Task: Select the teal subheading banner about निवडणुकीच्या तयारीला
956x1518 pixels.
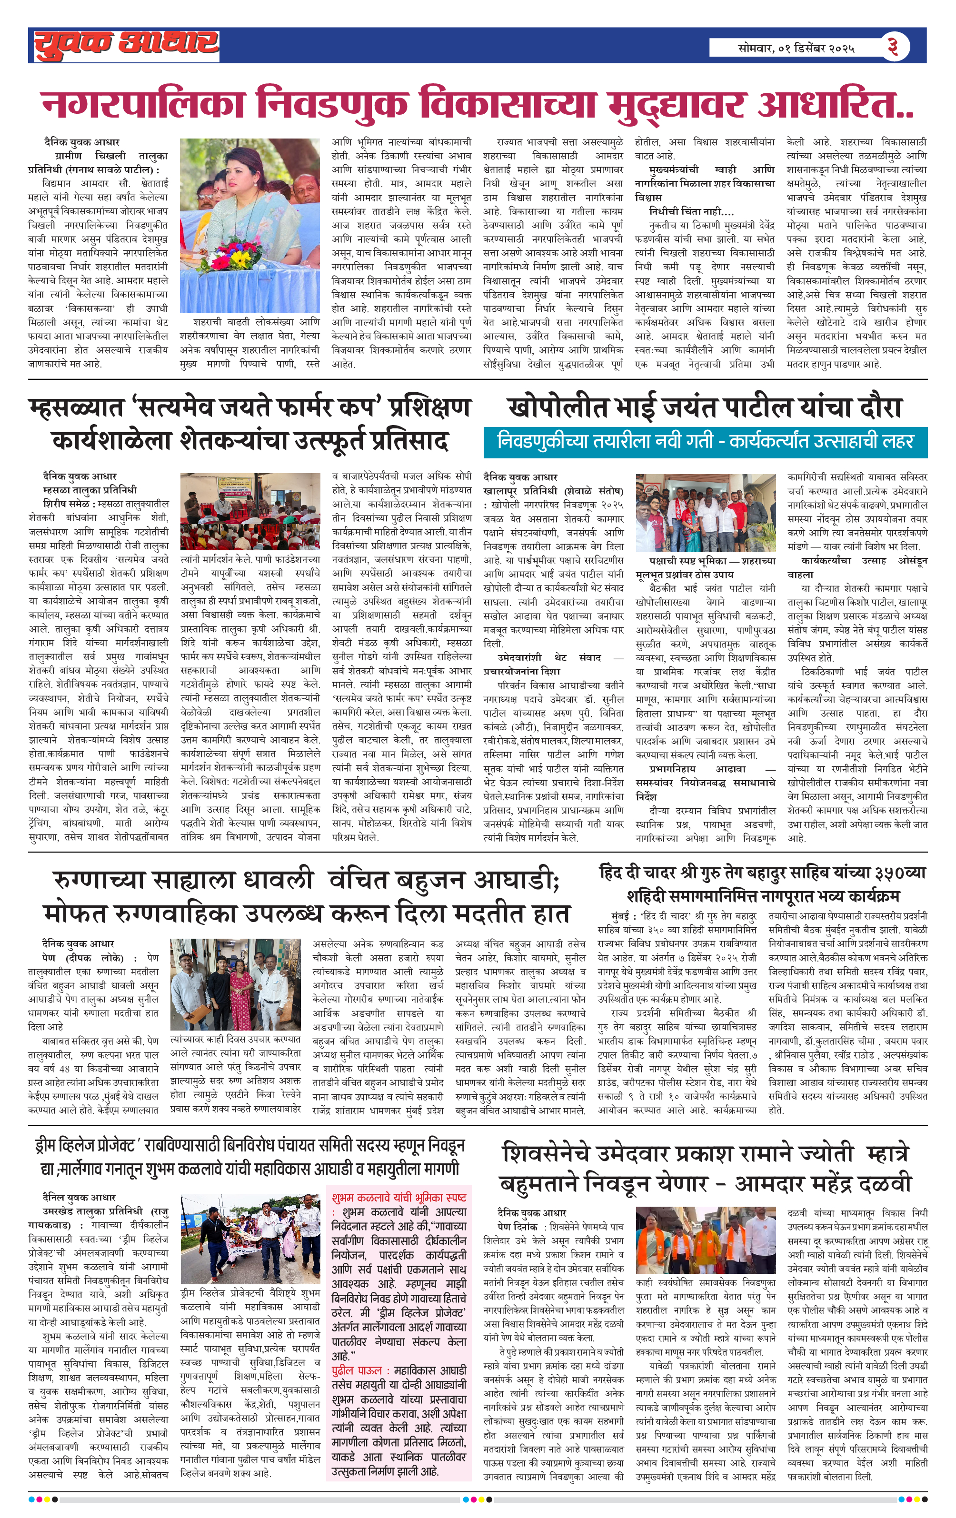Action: (705, 441)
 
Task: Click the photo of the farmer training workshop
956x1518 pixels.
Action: (250, 511)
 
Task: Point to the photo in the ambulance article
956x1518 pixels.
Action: (235, 985)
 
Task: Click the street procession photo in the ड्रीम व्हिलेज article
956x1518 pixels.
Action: (250, 1238)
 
